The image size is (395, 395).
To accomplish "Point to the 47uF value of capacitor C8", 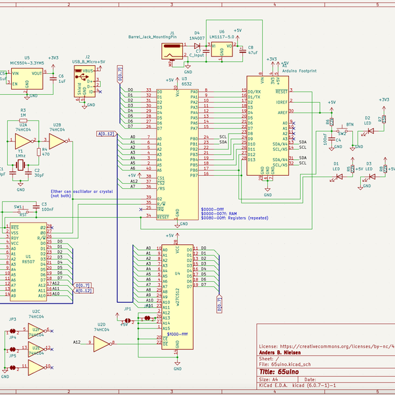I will [x=252, y=52].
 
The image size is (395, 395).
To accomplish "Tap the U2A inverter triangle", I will [x=24, y=142].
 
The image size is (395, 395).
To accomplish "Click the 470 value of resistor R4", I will [x=45, y=154].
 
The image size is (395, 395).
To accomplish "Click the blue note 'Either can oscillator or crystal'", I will [x=82, y=191].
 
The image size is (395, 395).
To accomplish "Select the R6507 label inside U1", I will [x=27, y=261].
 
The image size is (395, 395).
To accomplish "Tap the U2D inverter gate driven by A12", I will [x=101, y=343].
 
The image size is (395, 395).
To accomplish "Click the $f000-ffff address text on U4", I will [x=178, y=334].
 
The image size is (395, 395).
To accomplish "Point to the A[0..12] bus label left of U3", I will [x=106, y=134].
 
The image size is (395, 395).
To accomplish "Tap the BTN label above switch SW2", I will [x=350, y=124].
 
